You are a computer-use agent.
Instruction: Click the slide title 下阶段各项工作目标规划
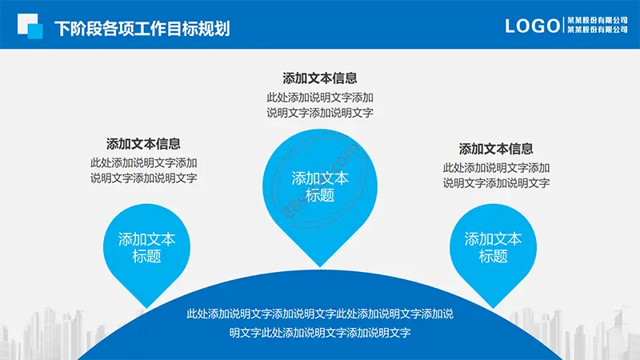[142, 29]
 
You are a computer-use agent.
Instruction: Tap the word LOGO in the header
[532, 26]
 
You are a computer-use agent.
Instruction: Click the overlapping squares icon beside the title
[30, 26]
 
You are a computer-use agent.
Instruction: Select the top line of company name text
[598, 21]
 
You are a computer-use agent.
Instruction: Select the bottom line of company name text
[598, 30]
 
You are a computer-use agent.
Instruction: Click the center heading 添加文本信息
[319, 78]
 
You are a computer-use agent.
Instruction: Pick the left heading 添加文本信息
[143, 144]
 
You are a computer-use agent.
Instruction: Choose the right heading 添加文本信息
[496, 149]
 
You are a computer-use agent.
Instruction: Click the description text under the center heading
[320, 105]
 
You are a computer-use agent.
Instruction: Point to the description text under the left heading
[144, 170]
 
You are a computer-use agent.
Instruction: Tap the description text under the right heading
[496, 175]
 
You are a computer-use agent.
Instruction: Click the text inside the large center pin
[320, 186]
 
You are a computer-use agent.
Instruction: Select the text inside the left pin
[146, 247]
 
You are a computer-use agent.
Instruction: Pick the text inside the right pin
[493, 247]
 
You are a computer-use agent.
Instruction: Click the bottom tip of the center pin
[320, 267]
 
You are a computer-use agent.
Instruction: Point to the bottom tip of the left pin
[146, 308]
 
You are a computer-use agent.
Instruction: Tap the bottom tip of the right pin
[493, 308]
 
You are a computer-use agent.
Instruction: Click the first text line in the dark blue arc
[320, 314]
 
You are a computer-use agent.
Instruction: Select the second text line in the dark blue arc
[320, 333]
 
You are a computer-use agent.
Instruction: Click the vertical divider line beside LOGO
[564, 26]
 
